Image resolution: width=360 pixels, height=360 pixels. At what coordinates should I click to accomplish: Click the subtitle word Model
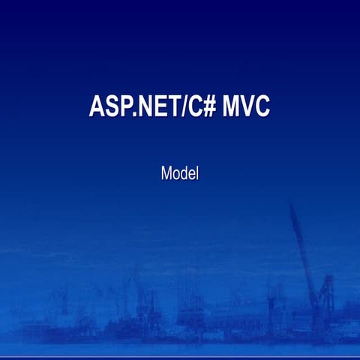179,174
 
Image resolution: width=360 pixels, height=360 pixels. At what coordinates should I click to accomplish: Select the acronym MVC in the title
246,106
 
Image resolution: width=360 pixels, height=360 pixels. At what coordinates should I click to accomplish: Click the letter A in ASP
96,106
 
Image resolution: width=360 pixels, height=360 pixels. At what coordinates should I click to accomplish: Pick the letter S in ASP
109,106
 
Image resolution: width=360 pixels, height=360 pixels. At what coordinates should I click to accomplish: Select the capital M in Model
166,174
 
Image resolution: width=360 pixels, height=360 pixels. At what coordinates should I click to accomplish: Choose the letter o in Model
176,175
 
